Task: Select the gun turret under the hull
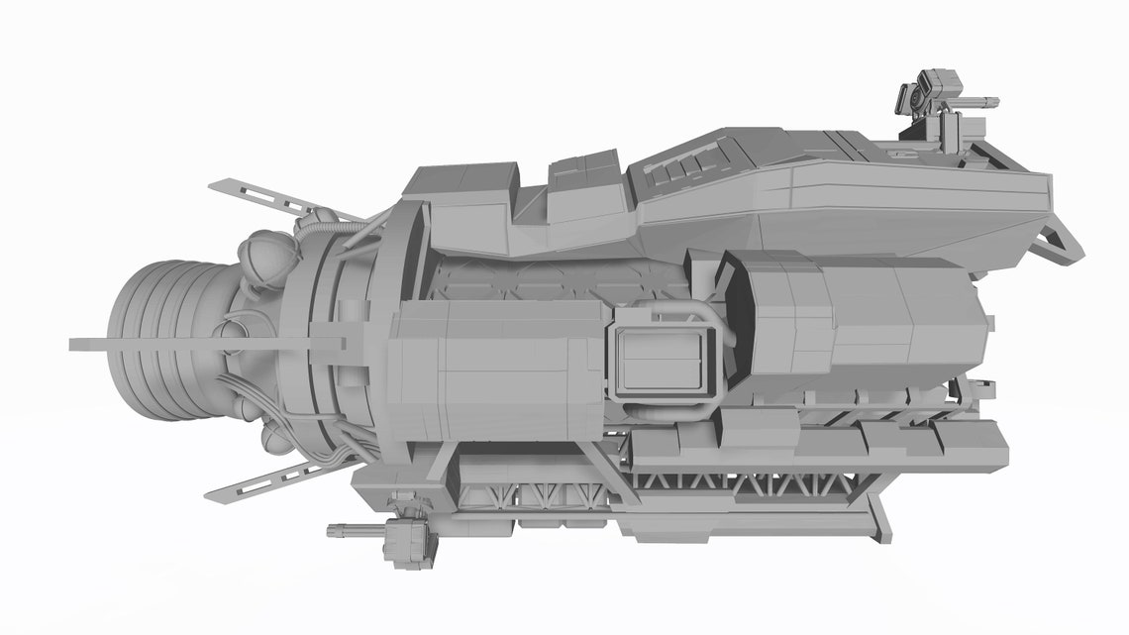tap(406, 541)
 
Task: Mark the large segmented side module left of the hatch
tap(495, 371)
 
